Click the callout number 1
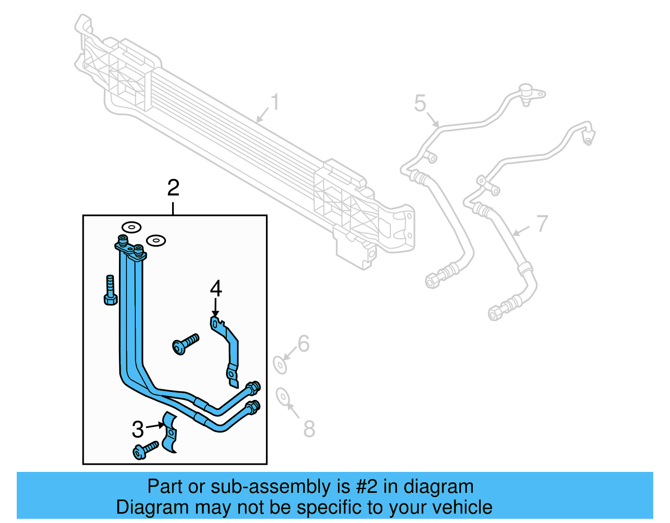[275, 102]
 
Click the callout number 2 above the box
[173, 188]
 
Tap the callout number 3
[138, 429]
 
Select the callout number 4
[216, 289]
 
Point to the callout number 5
[420, 103]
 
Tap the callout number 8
[309, 429]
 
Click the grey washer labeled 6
[280, 365]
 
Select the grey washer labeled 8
[283, 396]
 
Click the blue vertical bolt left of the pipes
[110, 291]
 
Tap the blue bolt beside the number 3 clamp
[145, 450]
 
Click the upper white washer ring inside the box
[131, 227]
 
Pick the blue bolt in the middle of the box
[185, 343]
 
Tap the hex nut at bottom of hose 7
[494, 313]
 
